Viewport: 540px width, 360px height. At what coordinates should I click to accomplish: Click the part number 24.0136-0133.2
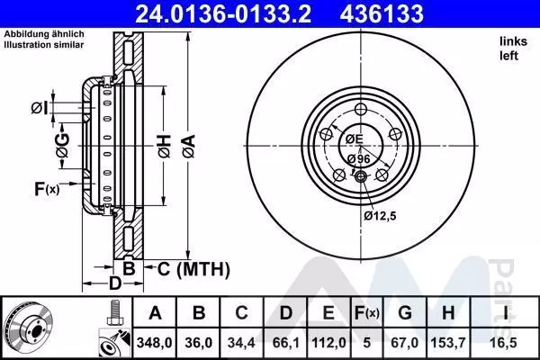223,13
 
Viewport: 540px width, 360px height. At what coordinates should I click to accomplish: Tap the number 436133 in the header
382,13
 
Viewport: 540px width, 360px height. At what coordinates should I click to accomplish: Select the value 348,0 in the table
154,343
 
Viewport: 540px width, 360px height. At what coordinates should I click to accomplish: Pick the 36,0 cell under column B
198,343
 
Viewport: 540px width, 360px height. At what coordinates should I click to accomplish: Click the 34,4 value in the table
241,343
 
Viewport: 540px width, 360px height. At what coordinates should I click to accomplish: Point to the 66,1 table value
286,343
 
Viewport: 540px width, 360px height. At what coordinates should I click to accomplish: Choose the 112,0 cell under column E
328,343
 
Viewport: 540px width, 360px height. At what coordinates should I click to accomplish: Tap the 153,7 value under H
448,343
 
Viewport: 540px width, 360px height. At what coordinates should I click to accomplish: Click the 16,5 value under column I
505,343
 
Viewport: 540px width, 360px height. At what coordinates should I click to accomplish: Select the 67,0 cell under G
405,343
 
